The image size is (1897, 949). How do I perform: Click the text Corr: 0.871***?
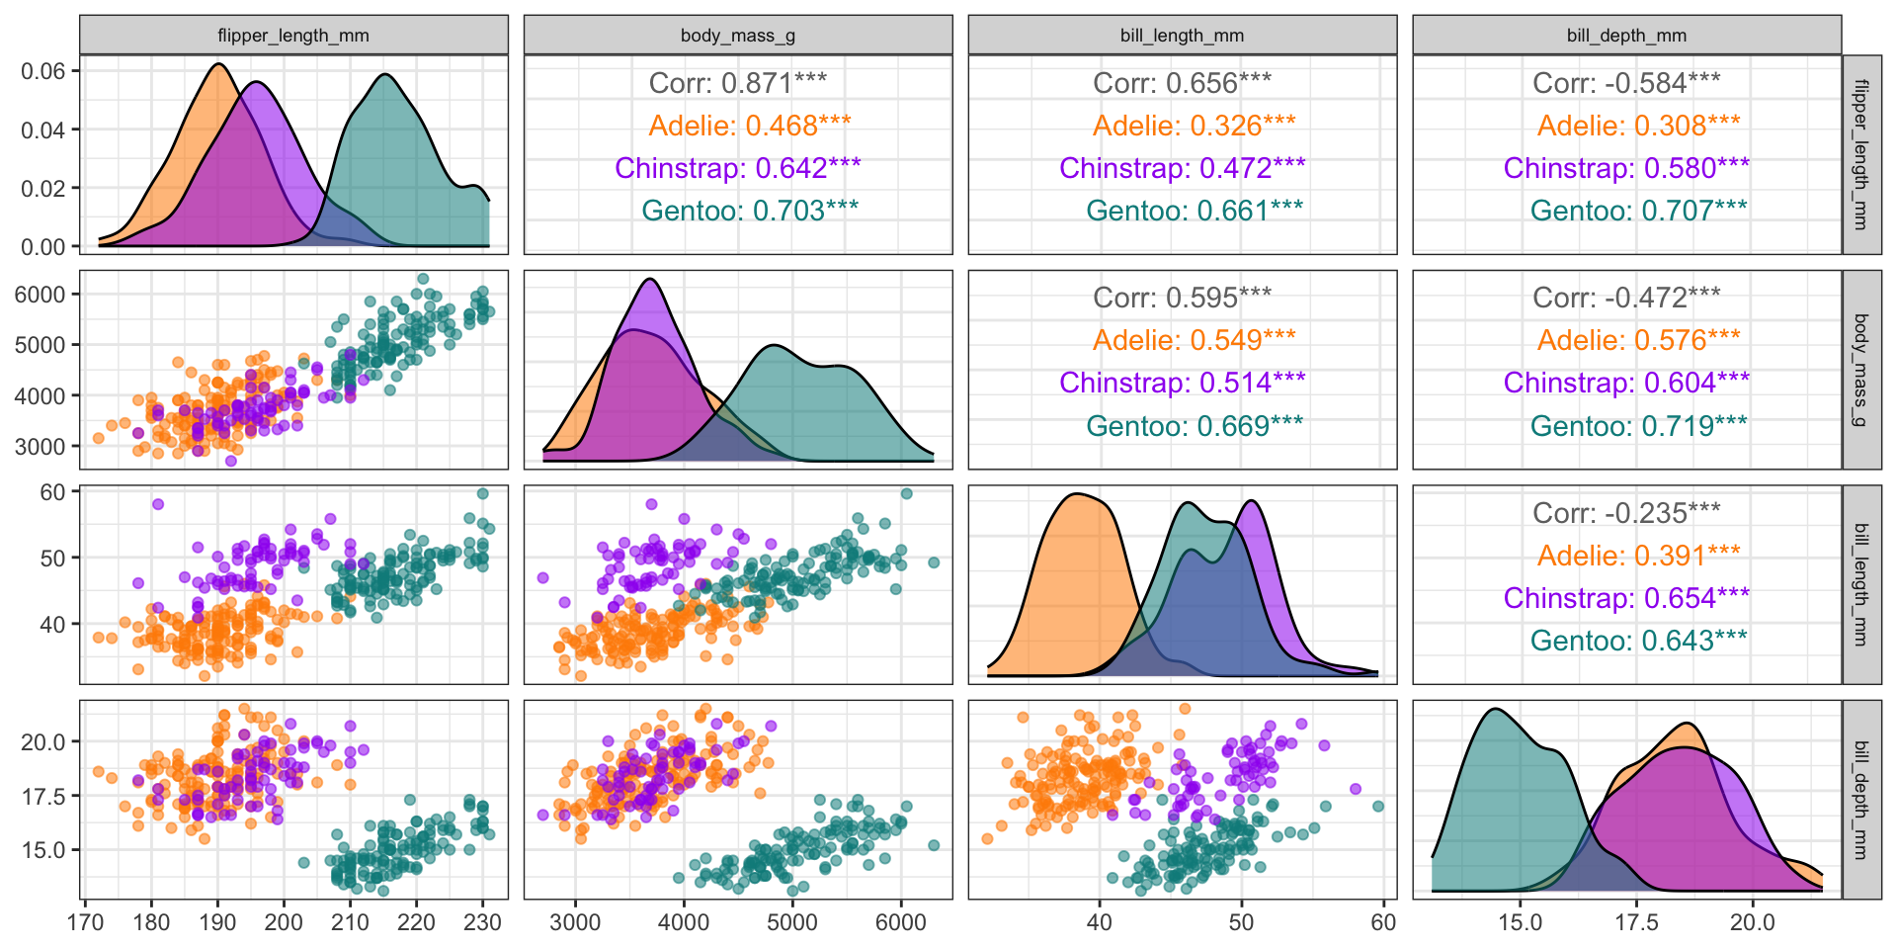tap(737, 83)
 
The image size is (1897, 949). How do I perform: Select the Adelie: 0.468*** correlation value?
tap(749, 126)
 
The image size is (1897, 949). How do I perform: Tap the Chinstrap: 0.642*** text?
tap(737, 168)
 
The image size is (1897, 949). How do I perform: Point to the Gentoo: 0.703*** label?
tap(749, 211)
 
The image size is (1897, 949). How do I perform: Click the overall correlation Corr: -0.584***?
tap(1626, 83)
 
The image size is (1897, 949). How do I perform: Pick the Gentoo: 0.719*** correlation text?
tap(1638, 426)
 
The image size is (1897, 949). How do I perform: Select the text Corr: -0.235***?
tap(1626, 513)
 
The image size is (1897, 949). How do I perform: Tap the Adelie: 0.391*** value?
tap(1638, 556)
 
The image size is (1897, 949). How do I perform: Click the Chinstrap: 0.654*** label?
tap(1626, 598)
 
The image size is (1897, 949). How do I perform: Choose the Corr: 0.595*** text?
tap(1182, 298)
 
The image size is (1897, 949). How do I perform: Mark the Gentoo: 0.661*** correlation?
tap(1194, 211)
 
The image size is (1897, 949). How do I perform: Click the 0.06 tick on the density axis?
tap(43, 71)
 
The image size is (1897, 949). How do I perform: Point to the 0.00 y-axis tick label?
tap(43, 246)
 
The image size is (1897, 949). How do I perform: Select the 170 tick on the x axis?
tap(86, 922)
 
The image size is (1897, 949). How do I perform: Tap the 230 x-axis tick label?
tap(483, 922)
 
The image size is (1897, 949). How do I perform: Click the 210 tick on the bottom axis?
tap(350, 922)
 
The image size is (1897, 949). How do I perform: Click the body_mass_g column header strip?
tap(737, 36)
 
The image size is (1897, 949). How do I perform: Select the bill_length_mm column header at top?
tap(1182, 36)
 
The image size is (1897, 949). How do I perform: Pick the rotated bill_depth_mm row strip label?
tap(1861, 800)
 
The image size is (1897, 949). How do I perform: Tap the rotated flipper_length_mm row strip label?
tap(1861, 154)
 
